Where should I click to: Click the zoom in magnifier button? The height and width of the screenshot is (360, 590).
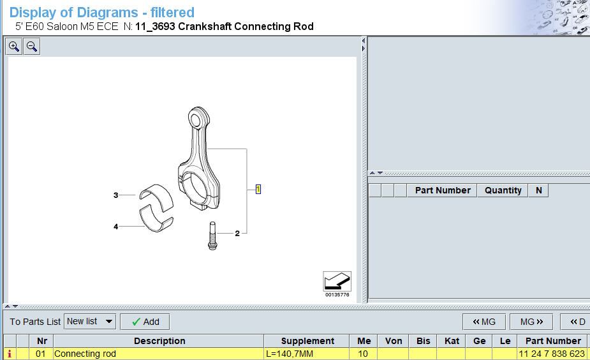(14, 47)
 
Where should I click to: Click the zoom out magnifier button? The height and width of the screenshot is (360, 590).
(32, 47)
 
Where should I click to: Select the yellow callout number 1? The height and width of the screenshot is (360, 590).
(258, 189)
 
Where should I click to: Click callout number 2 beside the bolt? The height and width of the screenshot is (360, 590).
(237, 234)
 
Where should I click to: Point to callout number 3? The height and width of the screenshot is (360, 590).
(115, 195)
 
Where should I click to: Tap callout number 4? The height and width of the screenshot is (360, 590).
(115, 226)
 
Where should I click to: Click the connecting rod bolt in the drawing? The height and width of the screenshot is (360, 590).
(211, 236)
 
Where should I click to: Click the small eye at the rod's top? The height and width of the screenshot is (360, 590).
(199, 118)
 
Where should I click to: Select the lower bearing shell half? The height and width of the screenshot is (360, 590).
(157, 223)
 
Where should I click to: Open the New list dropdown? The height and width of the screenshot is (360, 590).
(90, 322)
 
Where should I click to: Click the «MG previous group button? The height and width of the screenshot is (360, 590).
(483, 322)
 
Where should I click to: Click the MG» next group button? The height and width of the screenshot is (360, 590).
(531, 322)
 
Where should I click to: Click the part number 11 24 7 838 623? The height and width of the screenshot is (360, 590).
(552, 354)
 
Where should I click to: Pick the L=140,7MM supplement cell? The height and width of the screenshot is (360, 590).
(306, 354)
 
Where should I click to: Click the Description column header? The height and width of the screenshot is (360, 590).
(159, 341)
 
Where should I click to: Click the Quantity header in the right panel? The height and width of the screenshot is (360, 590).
(503, 190)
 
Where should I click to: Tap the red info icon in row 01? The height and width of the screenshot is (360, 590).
(9, 354)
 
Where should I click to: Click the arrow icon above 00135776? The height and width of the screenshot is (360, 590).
(337, 281)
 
